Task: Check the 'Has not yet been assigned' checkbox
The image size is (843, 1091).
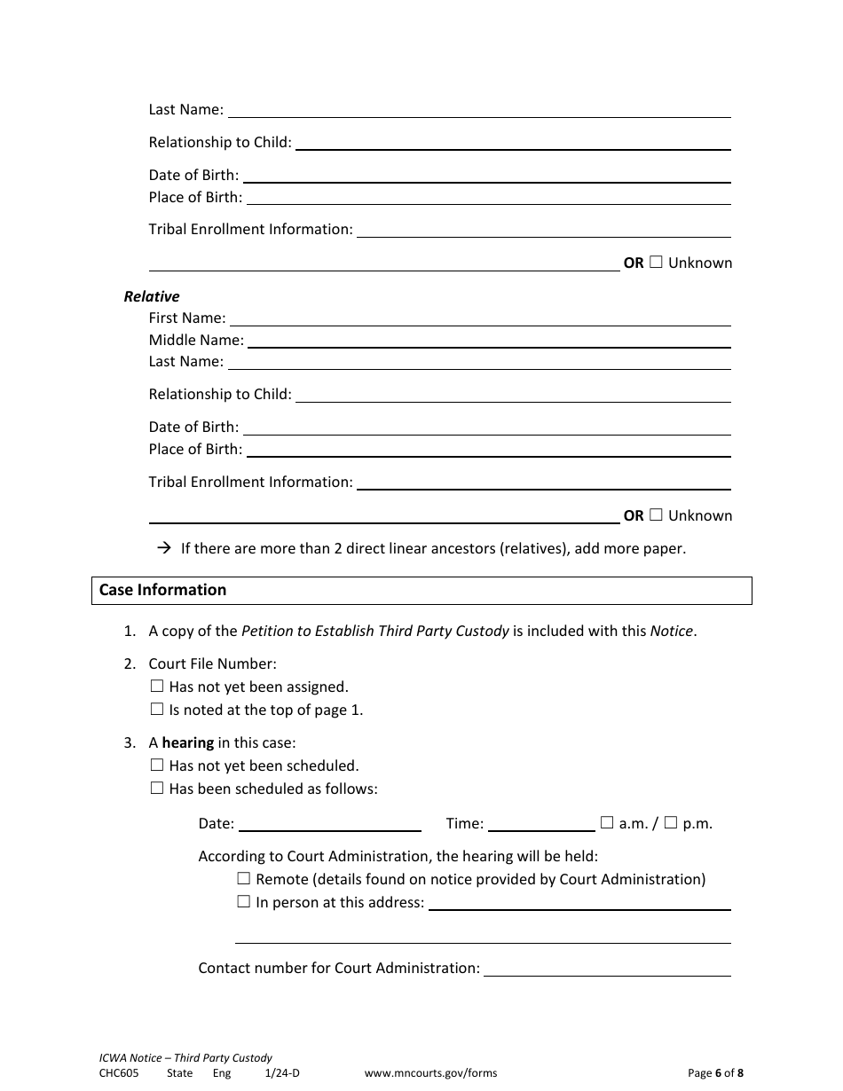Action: coord(157,686)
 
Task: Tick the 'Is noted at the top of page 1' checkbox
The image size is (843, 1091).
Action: coord(157,709)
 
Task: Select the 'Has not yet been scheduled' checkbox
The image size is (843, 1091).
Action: coord(157,765)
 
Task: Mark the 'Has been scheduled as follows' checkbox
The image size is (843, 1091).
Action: coord(157,788)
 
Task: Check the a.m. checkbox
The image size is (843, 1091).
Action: coord(607,822)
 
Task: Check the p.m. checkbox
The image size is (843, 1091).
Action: coord(671,822)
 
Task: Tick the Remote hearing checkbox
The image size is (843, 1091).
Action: coord(244,879)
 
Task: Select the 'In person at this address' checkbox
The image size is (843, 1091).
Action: coord(244,902)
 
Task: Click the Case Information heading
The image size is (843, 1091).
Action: coord(163,590)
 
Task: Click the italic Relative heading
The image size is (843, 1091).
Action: coord(152,296)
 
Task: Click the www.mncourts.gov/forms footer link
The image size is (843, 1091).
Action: coord(430,1073)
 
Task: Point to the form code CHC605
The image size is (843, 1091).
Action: coord(119,1073)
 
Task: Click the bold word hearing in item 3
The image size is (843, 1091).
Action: coord(188,742)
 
